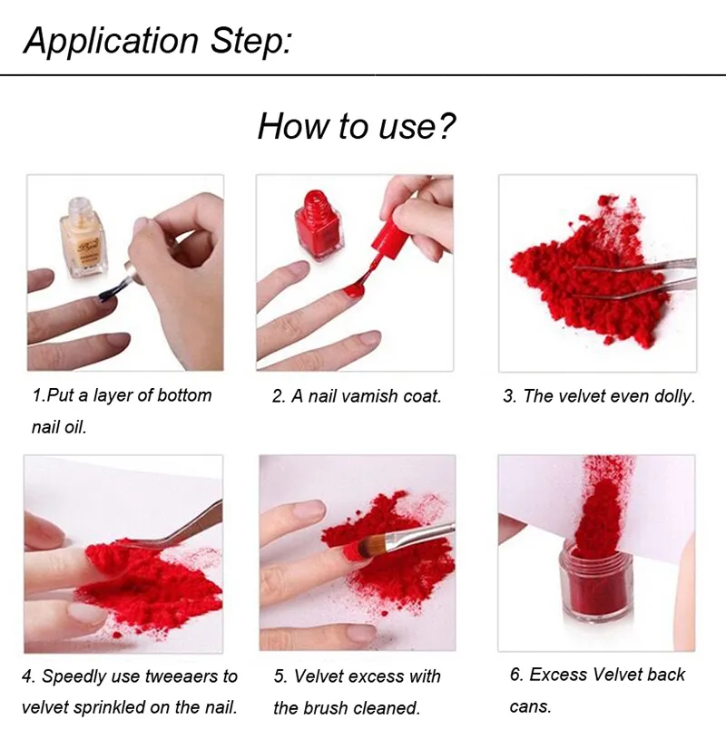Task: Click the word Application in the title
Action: [111, 42]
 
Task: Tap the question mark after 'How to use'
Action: [445, 126]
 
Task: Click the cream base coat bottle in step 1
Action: [83, 238]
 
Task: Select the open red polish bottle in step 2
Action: [319, 224]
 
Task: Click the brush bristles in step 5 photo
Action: [372, 545]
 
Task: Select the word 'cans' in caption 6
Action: [530, 706]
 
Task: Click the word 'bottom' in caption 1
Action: [184, 395]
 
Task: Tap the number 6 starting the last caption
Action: [516, 675]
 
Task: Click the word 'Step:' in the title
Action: [251, 41]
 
